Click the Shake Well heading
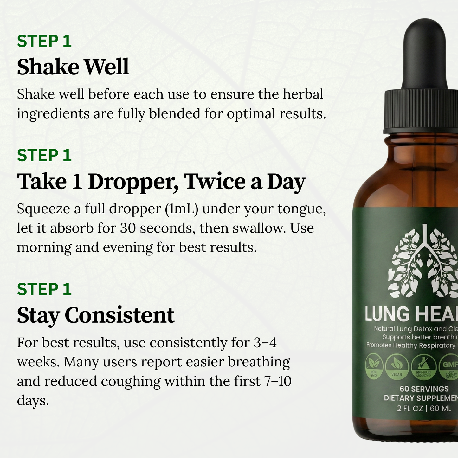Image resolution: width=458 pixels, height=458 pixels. tap(73, 67)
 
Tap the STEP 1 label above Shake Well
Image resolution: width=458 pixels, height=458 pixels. tap(44, 41)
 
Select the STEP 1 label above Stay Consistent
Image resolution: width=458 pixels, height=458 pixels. tap(44, 289)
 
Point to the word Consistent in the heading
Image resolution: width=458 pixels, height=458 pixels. tap(119, 315)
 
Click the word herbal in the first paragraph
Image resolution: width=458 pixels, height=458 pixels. tap(303, 94)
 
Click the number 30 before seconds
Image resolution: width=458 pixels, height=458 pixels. tap(128, 228)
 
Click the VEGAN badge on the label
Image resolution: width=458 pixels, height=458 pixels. tap(397, 366)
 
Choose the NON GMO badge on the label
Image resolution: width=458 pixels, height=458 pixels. tap(374, 366)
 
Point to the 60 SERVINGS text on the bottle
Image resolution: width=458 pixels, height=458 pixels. tap(424, 389)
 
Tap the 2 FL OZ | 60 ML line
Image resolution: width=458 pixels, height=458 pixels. tap(424, 409)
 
